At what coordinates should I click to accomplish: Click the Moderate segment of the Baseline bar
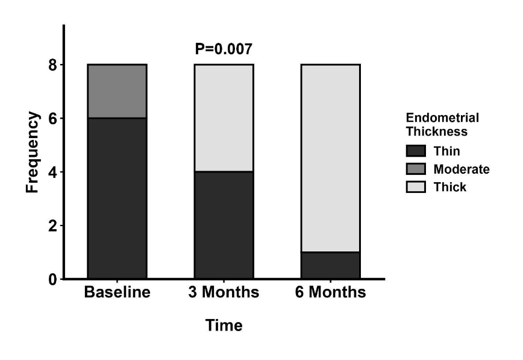[x=117, y=91]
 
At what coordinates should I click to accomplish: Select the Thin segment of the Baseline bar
[x=117, y=198]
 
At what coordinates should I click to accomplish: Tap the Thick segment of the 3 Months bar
[x=224, y=118]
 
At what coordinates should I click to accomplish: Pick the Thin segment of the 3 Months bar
[x=224, y=225]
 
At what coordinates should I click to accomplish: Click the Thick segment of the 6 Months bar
[x=331, y=159]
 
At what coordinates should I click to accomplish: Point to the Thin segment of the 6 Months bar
[x=331, y=265]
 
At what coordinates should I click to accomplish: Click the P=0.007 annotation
[x=224, y=49]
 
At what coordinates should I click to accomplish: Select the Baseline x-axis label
[x=117, y=292]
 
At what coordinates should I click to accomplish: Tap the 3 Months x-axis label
[x=224, y=292]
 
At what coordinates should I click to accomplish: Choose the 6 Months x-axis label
[x=331, y=292]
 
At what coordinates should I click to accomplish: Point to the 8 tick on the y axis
[x=53, y=65]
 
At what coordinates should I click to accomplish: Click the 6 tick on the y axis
[x=53, y=119]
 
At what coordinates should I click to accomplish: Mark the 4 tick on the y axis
[x=53, y=172]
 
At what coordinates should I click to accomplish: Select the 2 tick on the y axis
[x=53, y=226]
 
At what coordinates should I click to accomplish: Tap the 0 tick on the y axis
[x=53, y=279]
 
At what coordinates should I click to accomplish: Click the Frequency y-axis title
[x=33, y=153]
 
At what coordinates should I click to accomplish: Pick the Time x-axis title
[x=224, y=325]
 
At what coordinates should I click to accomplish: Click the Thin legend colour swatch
[x=416, y=151]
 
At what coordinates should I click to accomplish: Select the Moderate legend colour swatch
[x=416, y=169]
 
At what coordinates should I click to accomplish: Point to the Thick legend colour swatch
[x=416, y=187]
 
